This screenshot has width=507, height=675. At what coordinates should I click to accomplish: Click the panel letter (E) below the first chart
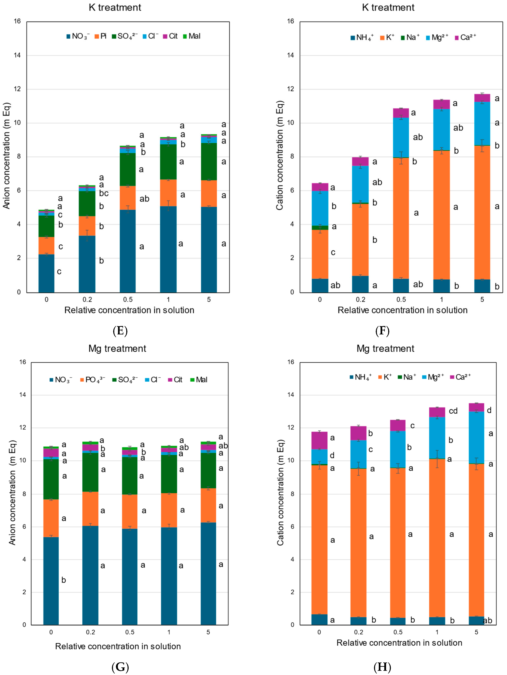[x=120, y=331]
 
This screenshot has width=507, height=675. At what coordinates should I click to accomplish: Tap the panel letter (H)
[x=382, y=667]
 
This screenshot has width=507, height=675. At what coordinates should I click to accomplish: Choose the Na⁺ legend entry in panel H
[x=407, y=377]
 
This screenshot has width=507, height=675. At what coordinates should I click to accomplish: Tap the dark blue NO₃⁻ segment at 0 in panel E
[x=46, y=273]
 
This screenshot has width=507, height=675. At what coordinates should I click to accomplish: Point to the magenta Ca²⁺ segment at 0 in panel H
[x=319, y=440]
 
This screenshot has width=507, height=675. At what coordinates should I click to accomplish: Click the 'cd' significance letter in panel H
[x=453, y=411]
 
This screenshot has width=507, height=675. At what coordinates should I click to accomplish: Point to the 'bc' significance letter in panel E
[x=104, y=193]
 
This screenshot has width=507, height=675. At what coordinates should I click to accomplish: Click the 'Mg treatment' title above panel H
[x=385, y=349]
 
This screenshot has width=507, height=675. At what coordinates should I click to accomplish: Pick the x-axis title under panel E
[x=129, y=310]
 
